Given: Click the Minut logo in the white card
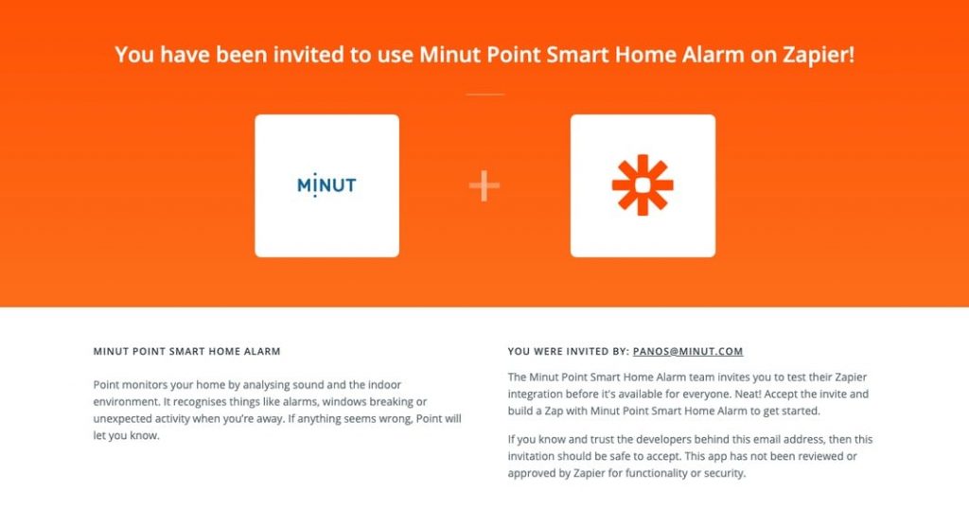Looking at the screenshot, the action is click(326, 184).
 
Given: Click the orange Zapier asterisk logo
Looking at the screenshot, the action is click(643, 184).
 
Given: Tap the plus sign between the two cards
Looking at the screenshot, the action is click(484, 185).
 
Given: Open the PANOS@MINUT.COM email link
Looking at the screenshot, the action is click(688, 351).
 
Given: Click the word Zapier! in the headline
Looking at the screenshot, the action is click(819, 54).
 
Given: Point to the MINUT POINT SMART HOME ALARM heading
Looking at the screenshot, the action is click(186, 351).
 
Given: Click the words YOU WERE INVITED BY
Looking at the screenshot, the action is click(568, 351).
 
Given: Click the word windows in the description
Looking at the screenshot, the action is click(344, 401).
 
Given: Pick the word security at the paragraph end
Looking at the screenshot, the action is click(724, 473).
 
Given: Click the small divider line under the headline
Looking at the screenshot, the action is click(484, 95).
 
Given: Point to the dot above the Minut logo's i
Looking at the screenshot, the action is click(315, 174).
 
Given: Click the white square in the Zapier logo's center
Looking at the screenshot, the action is click(643, 184).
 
